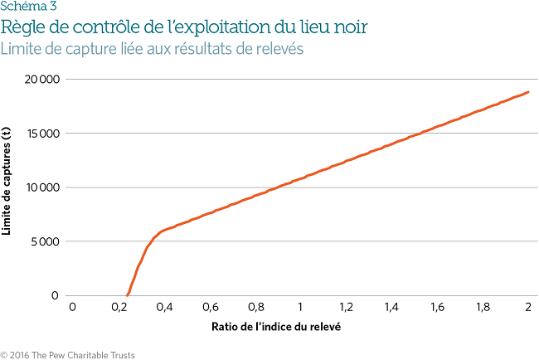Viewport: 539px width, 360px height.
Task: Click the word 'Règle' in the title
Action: click(24, 27)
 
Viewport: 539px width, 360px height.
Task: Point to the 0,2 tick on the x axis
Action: click(118, 307)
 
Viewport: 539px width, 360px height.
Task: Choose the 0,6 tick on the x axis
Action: click(209, 307)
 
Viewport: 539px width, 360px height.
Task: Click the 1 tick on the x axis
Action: click(300, 307)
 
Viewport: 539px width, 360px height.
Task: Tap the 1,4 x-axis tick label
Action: click(391, 307)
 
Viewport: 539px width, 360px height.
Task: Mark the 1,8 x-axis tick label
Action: click(483, 307)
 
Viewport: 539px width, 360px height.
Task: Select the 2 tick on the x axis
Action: click(528, 307)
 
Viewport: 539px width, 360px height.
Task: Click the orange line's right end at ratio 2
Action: click(528, 92)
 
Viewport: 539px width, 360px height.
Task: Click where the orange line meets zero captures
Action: click(127, 295)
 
